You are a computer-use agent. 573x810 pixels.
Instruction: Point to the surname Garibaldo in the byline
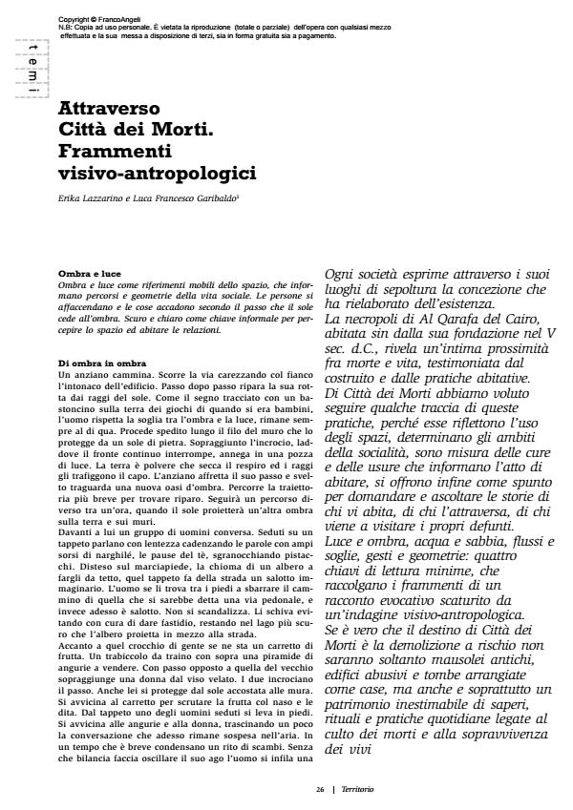click(192, 198)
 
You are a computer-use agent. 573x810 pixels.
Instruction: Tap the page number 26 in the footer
click(321, 789)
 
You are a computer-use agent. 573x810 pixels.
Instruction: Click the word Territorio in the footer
click(357, 789)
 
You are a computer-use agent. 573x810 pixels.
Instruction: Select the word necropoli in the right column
click(368, 317)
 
